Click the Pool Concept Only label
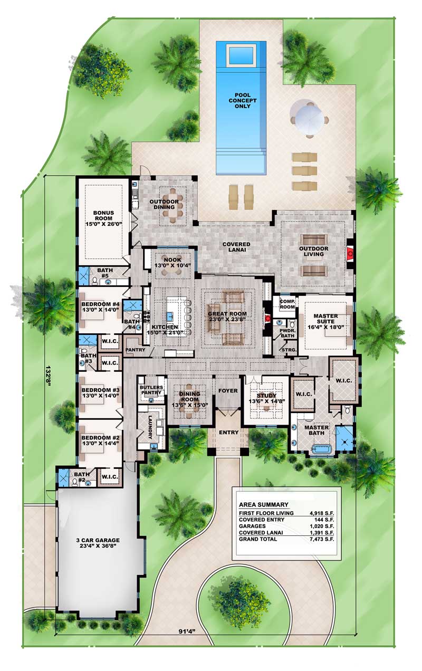click(x=243, y=101)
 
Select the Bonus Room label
click(x=103, y=218)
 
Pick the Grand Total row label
click(x=258, y=539)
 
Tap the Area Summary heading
click(x=264, y=504)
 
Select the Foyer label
click(x=228, y=390)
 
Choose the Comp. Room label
click(x=287, y=304)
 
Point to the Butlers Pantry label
click(x=152, y=390)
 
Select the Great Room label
click(x=227, y=317)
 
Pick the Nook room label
click(x=172, y=262)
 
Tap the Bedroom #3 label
click(x=100, y=392)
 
